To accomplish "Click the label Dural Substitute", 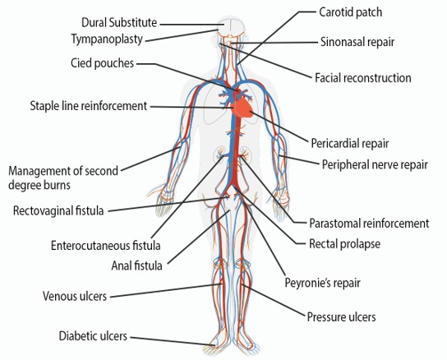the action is [119, 22].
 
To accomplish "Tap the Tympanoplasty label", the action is [107, 39].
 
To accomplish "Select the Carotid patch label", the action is [350, 12].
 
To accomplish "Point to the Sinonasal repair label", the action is [357, 42].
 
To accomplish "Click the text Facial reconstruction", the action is [363, 78].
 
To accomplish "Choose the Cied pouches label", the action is [103, 63].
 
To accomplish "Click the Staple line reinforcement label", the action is [89, 106].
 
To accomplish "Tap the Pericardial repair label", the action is [350, 143].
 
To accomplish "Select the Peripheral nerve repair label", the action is [375, 164].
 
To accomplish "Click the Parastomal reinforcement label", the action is [369, 224].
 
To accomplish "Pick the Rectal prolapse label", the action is [344, 244].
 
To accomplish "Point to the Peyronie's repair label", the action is [323, 283].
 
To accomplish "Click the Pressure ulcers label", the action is [341, 317].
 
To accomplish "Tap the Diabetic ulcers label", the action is [93, 335].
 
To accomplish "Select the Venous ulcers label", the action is [75, 296].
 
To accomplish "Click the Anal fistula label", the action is [137, 265].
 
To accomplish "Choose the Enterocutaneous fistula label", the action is [105, 246].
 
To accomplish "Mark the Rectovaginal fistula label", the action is [58, 210].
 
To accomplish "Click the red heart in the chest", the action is [243, 108].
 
